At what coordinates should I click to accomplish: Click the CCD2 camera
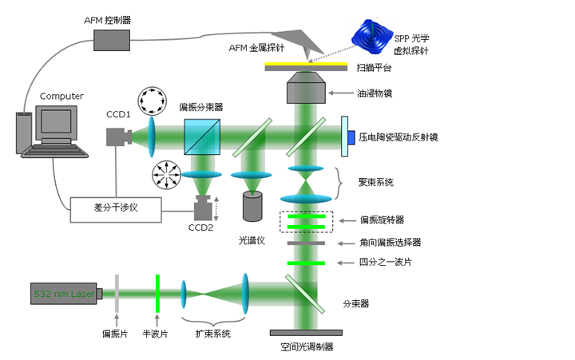[202, 210]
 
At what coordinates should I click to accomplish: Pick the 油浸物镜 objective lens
[306, 87]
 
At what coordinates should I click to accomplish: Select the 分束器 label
[356, 303]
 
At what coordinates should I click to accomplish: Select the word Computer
[61, 97]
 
